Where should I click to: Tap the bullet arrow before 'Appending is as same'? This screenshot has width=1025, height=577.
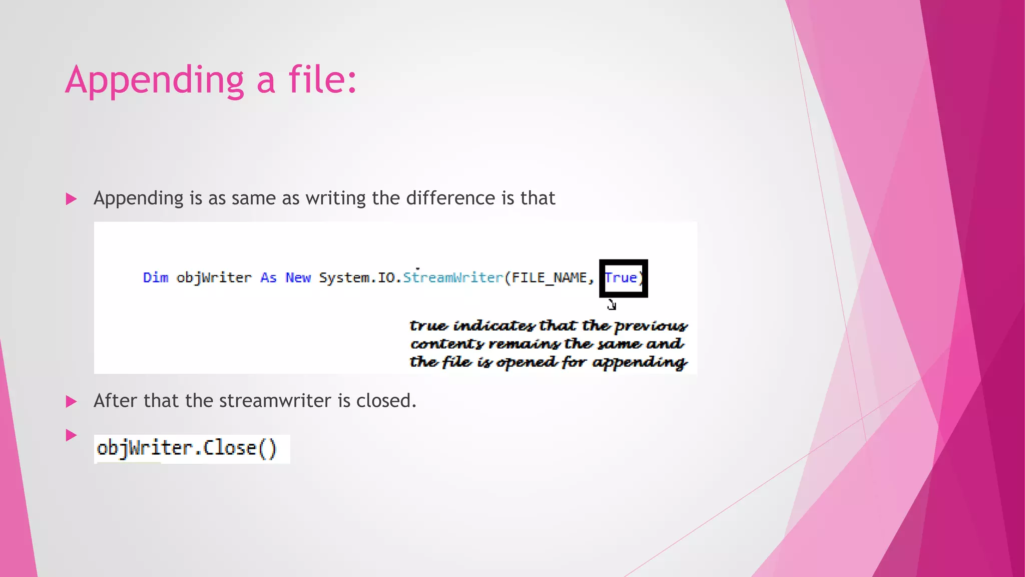point(71,199)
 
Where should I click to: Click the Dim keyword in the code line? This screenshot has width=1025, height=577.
point(156,277)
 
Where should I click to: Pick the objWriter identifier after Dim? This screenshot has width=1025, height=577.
point(214,277)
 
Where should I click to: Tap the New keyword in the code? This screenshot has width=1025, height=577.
point(298,277)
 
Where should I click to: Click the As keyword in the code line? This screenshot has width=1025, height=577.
point(268,277)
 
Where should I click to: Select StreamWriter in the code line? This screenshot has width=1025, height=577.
point(453,277)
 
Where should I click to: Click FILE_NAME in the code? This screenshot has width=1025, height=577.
point(549,277)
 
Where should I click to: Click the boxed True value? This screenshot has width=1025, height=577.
point(621,277)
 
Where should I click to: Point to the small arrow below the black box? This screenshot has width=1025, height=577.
point(612,305)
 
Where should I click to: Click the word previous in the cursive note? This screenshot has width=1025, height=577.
point(651,327)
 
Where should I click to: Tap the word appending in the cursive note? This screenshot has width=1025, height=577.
point(640,363)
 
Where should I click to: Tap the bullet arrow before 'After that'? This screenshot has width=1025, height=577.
point(71,402)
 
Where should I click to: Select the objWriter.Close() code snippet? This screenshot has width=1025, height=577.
point(187,448)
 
